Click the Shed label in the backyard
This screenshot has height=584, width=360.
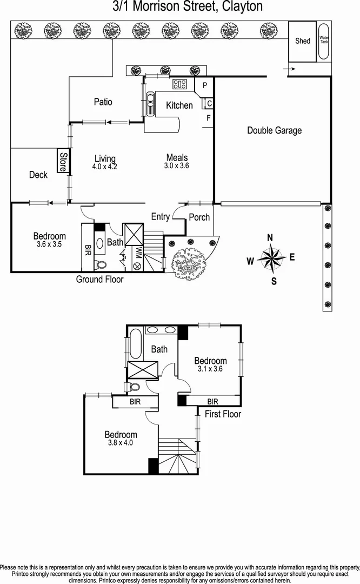[x=303, y=41]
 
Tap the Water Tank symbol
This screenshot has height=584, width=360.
[x=324, y=42]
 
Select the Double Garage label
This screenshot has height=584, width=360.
[x=274, y=130]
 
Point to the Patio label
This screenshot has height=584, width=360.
[x=103, y=102]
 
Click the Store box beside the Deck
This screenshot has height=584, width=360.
[x=63, y=161]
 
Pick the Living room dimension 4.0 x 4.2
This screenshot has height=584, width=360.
[x=105, y=167]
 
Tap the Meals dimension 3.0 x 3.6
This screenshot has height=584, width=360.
[x=177, y=166]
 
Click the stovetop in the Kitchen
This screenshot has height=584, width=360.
[x=179, y=84]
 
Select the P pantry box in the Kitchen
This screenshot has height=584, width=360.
[x=205, y=85]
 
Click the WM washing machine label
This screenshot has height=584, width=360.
[x=139, y=253]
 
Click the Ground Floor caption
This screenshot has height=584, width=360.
[x=99, y=280]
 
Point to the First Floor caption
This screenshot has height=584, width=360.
[x=223, y=414]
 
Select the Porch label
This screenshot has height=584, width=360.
[x=199, y=217]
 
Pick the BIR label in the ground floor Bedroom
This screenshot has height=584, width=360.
[x=88, y=249]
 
